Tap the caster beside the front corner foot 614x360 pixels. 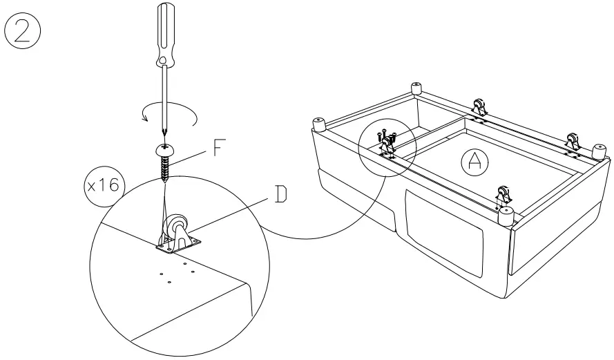pos(502,195)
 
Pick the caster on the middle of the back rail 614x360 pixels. pos(478,109)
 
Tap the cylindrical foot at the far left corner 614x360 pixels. pos(320,124)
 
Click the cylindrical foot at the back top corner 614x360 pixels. pos(416,89)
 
